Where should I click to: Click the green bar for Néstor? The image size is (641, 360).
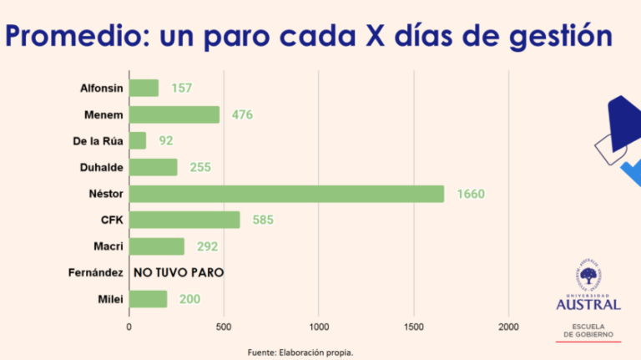(286, 194)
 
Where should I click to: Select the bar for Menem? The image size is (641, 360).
(174, 114)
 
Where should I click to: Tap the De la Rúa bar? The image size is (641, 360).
(138, 141)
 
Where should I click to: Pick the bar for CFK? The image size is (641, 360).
(184, 221)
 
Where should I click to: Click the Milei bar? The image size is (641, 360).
(149, 299)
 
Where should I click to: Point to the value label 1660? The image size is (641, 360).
(471, 195)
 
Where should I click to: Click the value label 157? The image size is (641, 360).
(182, 89)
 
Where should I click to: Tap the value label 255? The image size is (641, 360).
(200, 168)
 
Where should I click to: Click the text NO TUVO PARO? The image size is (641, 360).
(179, 273)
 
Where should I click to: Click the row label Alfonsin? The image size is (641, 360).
(101, 89)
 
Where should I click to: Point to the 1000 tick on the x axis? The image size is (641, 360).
(319, 327)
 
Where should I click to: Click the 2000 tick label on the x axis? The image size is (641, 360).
(508, 327)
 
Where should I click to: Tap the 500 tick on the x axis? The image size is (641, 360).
(224, 327)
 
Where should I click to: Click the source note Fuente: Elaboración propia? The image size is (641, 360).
(300, 352)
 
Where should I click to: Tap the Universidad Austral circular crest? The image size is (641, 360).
(588, 275)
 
